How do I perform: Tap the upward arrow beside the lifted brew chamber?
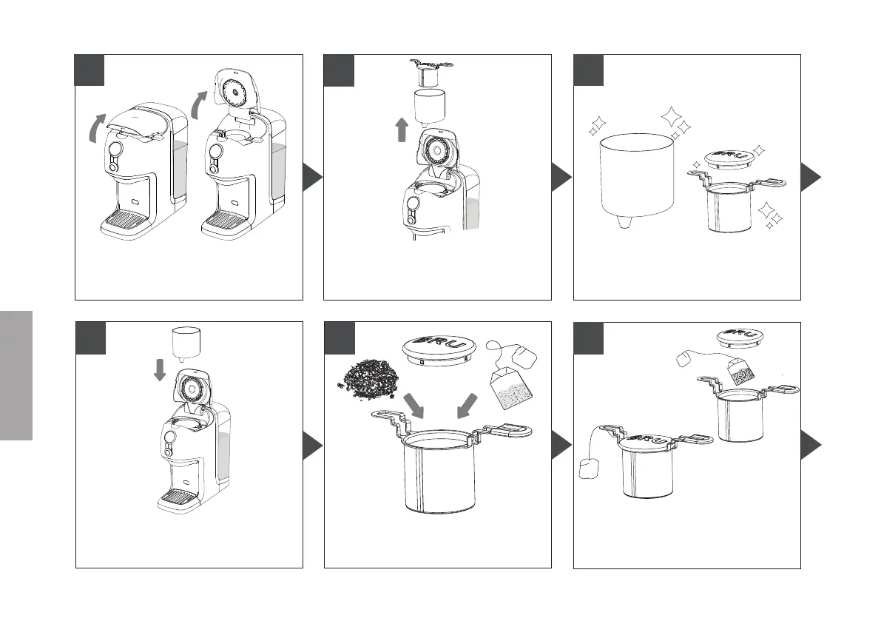(402, 132)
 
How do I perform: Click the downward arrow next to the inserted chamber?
(159, 369)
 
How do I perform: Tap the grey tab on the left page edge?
(16, 375)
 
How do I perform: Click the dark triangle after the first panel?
(314, 178)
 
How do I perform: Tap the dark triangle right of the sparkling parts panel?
(811, 178)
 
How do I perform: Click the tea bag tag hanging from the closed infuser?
(590, 469)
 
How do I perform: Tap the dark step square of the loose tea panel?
(340, 338)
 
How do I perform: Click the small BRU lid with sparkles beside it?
(725, 158)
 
